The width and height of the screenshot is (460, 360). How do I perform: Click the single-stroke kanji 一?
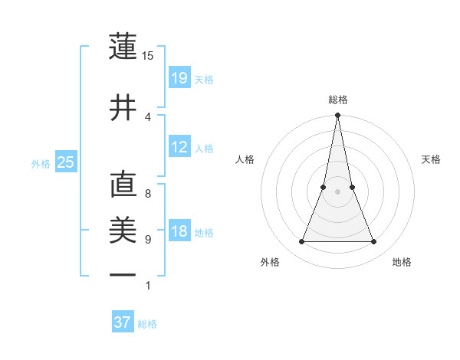(123, 273)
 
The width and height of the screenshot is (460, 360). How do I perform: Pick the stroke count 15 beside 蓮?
(148, 55)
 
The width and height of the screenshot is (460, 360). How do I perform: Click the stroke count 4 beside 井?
(148, 116)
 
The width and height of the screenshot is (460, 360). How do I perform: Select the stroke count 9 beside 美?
(148, 239)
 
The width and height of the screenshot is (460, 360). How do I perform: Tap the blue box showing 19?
(179, 78)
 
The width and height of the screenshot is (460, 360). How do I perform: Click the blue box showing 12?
(179, 147)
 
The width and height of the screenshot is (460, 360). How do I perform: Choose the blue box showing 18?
(179, 232)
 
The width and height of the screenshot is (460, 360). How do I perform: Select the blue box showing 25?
(65, 162)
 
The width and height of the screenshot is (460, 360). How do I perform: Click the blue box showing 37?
(123, 322)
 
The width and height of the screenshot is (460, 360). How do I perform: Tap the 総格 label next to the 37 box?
(147, 324)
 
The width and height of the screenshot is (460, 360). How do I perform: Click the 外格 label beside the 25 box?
(41, 163)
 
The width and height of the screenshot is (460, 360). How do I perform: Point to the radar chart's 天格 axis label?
(432, 159)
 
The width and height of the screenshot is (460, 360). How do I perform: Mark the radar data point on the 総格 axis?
(337, 116)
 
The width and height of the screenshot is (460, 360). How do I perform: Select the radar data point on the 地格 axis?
(374, 242)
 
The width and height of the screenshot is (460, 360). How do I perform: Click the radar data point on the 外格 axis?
(301, 242)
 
